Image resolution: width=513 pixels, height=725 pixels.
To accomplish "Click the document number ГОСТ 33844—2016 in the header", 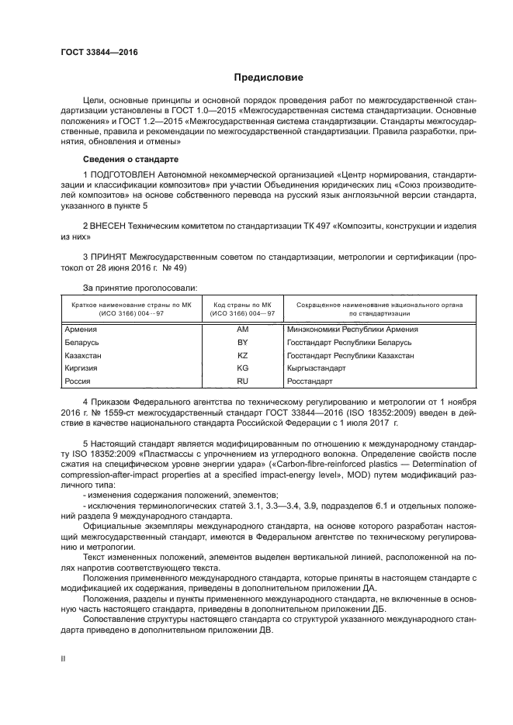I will click(x=93, y=54).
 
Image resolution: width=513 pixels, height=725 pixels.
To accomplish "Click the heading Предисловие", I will click(x=257, y=78).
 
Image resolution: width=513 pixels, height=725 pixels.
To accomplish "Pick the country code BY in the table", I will click(x=241, y=342).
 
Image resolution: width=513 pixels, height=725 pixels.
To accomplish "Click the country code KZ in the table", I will click(x=241, y=355).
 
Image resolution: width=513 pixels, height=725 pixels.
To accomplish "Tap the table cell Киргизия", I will click(x=81, y=368).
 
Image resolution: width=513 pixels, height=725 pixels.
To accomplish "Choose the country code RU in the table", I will click(x=241, y=381).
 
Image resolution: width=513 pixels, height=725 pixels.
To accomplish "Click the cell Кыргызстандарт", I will click(x=315, y=368).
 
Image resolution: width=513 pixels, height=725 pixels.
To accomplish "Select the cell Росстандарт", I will click(x=309, y=381).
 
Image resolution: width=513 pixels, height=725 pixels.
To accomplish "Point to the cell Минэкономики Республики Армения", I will click(x=347, y=329).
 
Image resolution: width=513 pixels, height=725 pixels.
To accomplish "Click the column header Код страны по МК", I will click(x=241, y=305).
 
